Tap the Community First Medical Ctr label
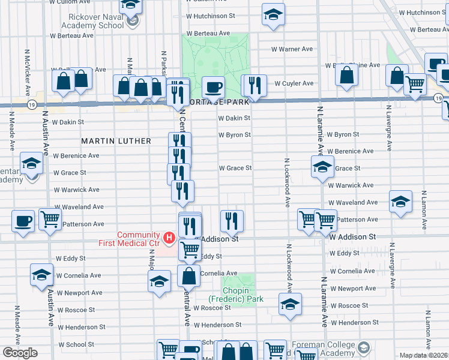tap(130, 239)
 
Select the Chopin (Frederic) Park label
tap(236, 294)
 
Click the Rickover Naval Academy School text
tap(92, 22)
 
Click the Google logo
tap(20, 352)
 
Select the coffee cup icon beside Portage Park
tap(212, 87)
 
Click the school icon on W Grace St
tap(322, 166)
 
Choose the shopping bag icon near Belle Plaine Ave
tap(347, 74)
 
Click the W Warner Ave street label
tap(292, 49)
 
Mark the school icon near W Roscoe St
tap(290, 304)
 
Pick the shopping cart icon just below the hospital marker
tap(190, 249)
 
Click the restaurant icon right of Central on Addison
tap(231, 221)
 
